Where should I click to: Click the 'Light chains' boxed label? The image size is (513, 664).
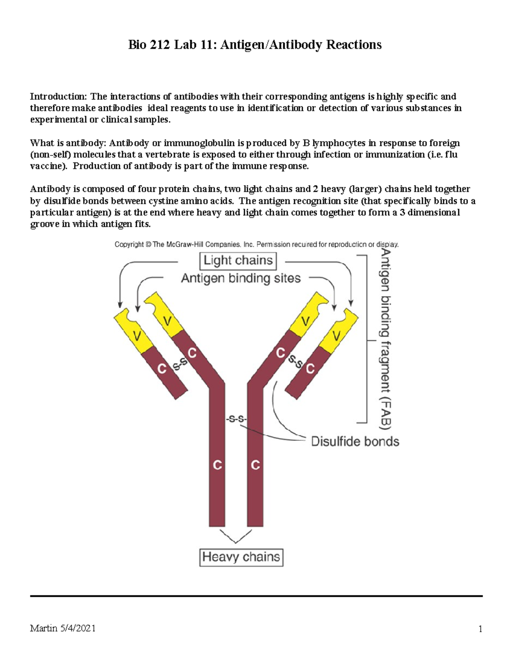coord(238,260)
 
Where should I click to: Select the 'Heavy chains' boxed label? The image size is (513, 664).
coord(241,557)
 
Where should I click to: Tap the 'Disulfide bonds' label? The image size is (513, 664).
coord(355,441)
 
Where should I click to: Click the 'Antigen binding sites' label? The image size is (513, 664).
coord(241,278)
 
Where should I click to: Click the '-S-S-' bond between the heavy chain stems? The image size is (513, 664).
coord(236,419)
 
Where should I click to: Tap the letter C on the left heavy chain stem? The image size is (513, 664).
coord(217,465)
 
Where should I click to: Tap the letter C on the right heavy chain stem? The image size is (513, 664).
coord(255,465)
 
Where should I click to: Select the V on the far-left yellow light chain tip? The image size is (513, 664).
coord(137,336)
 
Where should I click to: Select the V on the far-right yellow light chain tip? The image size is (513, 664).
coord(337,336)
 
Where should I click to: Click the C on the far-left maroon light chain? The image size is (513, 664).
coord(162,369)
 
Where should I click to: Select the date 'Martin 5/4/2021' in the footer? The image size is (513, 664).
coord(63,628)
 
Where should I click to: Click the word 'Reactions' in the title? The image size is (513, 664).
coord(354,44)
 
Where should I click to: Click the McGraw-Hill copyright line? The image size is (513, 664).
coord(256,245)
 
